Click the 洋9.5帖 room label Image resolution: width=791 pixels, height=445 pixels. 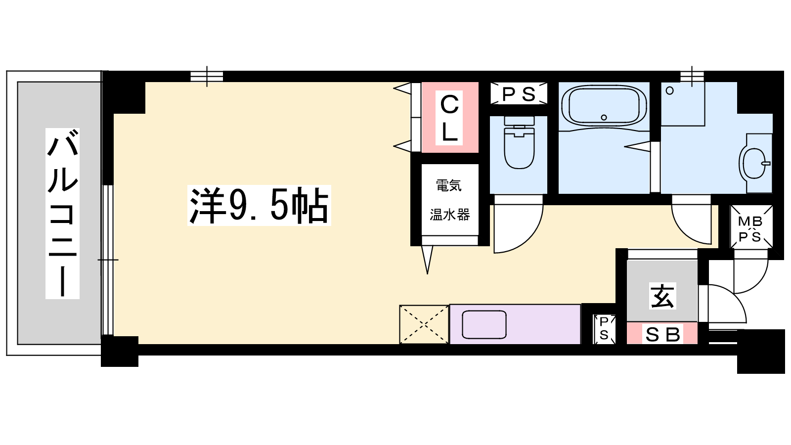tap(259, 205)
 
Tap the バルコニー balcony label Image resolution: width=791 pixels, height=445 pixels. tap(62, 214)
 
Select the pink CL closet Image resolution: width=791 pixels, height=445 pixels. tap(450, 117)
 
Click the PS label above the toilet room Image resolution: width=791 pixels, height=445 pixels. tap(519, 94)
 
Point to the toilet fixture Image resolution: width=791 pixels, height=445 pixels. tap(519, 143)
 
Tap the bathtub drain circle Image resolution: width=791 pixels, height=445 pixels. tap(604, 117)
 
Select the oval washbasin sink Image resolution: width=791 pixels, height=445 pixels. tap(754, 164)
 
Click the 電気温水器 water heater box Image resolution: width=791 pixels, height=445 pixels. tap(450, 200)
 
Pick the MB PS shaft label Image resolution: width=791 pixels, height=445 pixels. tap(751, 229)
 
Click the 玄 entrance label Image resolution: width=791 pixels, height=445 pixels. tap(662, 296)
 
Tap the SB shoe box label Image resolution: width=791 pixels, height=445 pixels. tap(662, 335)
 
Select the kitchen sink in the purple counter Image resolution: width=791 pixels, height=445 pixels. tap(484, 324)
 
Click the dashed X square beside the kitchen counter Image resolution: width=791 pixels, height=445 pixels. tap(424, 324)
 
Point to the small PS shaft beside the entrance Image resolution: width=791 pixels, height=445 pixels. tap(604, 329)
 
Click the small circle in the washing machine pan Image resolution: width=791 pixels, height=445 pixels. tap(669, 91)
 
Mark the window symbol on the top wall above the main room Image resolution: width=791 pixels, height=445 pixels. tap(207, 76)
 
